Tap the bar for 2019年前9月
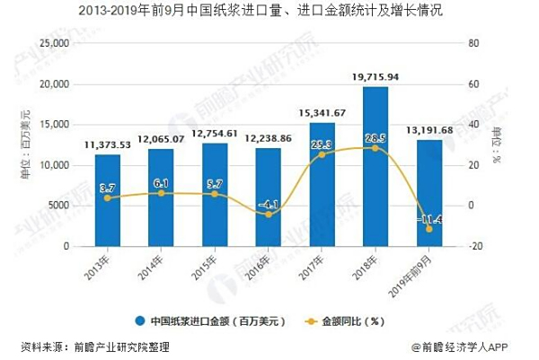click(429, 192)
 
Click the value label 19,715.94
click(376, 78)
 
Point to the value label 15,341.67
click(322, 113)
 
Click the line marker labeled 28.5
click(375, 147)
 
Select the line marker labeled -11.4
click(429, 229)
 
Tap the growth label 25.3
click(322, 144)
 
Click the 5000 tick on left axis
click(60, 206)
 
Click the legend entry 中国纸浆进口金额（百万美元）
click(211, 320)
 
